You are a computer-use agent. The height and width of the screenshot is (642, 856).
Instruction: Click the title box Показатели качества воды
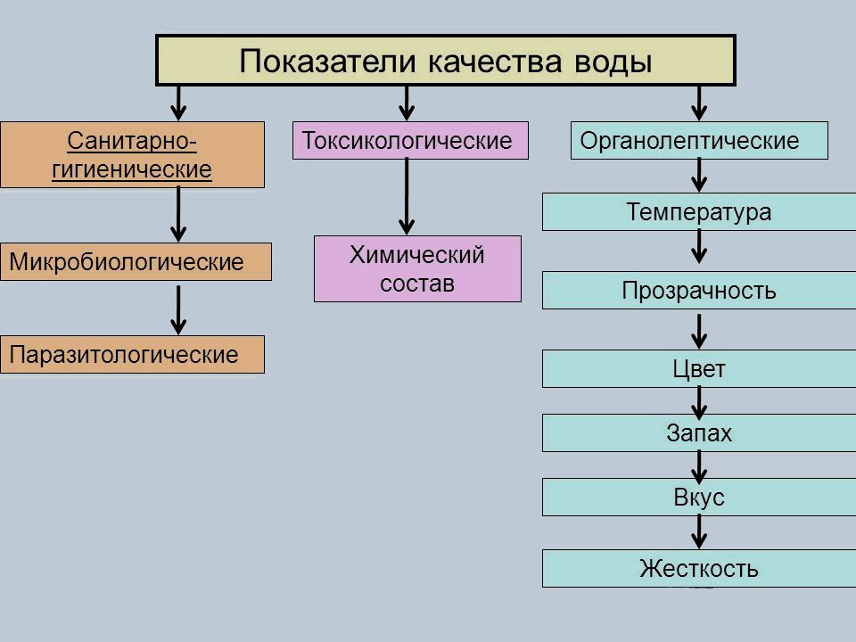tap(446, 61)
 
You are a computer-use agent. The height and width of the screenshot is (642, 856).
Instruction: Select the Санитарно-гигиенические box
tap(132, 154)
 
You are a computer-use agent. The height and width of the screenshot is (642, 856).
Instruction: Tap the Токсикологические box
tap(410, 141)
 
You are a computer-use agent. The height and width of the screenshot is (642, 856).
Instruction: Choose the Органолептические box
tap(699, 141)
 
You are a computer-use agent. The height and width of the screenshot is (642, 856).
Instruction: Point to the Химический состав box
tap(417, 268)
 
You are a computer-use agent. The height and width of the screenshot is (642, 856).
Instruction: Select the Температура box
tap(699, 212)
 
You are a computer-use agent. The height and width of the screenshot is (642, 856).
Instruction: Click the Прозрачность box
tap(699, 291)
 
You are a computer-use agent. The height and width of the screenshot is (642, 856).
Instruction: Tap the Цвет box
tap(699, 369)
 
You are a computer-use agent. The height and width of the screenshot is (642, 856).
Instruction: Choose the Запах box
tap(699, 433)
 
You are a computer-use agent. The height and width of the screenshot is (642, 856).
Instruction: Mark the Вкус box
tap(699, 498)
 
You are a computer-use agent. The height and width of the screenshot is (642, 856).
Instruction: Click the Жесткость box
tap(699, 569)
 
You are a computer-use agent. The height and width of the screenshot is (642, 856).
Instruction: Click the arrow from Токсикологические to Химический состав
tap(407, 196)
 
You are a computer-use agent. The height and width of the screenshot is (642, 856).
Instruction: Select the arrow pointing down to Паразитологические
tap(179, 309)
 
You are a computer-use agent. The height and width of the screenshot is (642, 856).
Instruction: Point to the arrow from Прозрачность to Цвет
tap(700, 330)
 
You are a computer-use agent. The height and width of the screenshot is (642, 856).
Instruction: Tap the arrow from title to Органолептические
tap(700, 102)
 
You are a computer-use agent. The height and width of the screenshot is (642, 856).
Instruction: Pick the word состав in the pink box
tap(417, 284)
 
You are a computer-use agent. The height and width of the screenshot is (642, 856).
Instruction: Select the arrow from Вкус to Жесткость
tap(700, 533)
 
